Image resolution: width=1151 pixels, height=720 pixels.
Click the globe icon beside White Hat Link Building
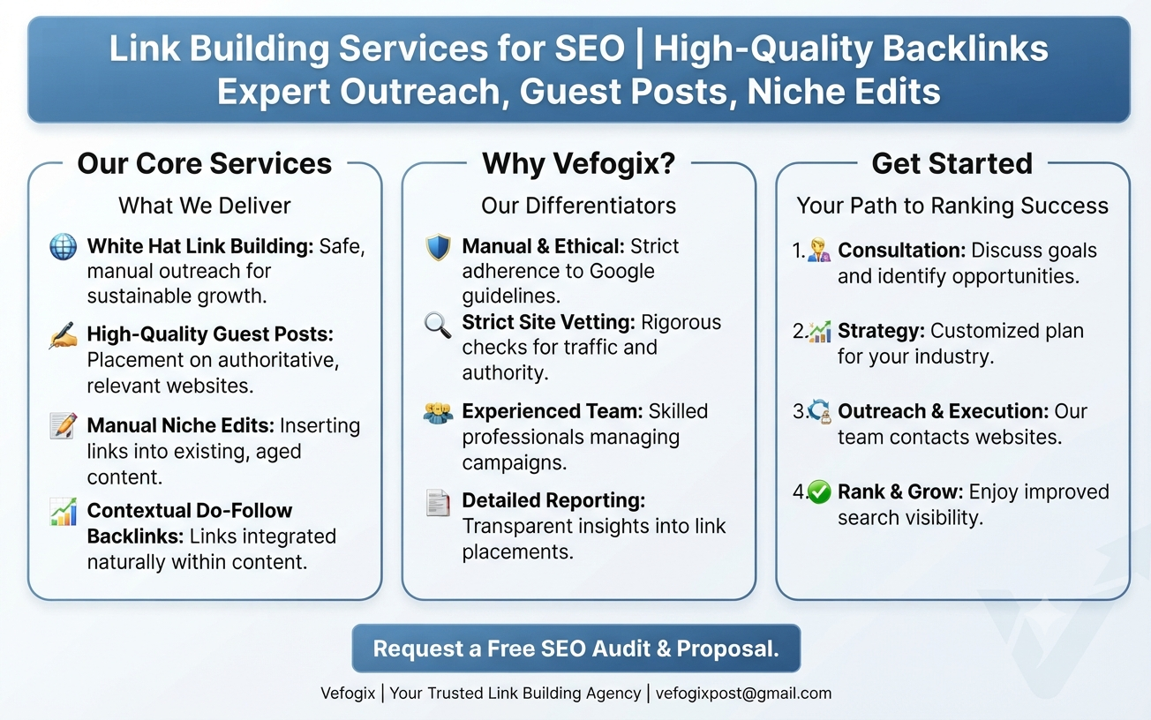(64, 246)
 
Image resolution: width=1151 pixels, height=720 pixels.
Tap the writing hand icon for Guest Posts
(64, 335)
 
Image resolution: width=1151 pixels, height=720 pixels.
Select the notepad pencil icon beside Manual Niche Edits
(64, 425)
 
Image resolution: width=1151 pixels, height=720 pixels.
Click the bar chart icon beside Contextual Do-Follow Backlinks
(64, 512)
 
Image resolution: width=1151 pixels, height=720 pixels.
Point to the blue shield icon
(439, 248)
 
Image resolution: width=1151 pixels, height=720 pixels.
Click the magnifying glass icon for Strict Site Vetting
(438, 325)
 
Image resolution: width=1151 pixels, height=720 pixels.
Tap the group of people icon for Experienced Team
(439, 412)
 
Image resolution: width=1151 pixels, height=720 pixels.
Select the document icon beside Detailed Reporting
(438, 503)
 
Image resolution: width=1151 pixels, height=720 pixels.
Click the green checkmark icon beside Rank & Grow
(819, 492)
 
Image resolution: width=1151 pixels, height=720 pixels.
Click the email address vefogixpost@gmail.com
(743, 694)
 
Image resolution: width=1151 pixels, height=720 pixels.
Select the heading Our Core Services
(205, 163)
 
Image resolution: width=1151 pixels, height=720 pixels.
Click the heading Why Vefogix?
(578, 164)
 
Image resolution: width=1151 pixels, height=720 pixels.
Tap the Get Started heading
(952, 163)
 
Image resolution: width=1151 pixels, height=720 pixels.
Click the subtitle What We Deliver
(205, 206)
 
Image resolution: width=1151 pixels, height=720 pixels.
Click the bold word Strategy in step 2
(881, 331)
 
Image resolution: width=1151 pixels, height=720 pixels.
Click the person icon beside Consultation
(819, 250)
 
